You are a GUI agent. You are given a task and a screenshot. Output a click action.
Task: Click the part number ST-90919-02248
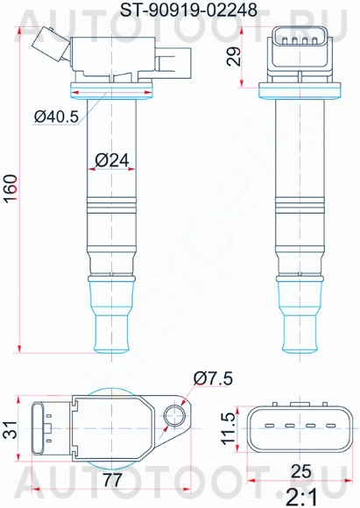coord(179,11)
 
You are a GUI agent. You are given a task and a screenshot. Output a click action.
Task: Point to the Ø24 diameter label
coord(111,160)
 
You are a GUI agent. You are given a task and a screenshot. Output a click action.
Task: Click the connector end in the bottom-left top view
coord(42,429)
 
